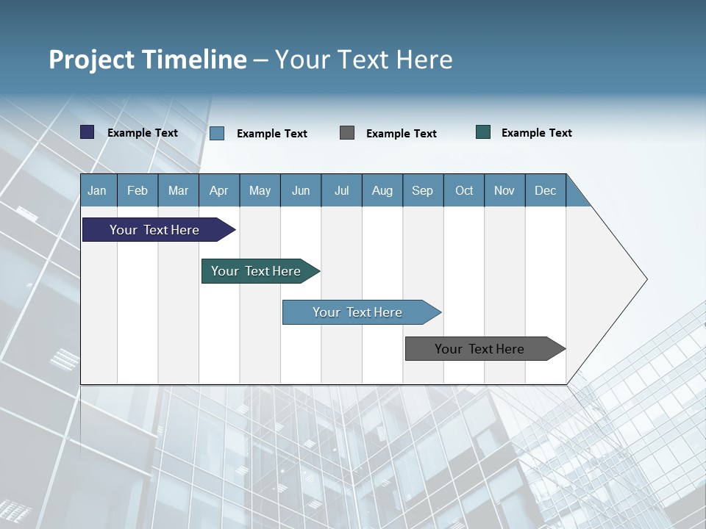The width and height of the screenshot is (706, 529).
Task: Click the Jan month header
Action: [x=97, y=190]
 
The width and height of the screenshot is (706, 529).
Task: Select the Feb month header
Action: [x=138, y=190]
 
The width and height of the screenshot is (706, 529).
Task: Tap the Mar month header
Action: [x=178, y=190]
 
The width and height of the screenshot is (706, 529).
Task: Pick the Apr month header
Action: [x=218, y=190]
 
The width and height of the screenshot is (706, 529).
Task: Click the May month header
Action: [x=260, y=190]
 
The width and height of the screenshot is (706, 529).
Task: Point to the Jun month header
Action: [x=301, y=190]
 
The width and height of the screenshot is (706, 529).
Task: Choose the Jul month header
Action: [x=341, y=190]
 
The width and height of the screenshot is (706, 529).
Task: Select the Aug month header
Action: [x=382, y=190]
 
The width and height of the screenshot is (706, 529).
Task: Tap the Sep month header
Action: [x=422, y=190]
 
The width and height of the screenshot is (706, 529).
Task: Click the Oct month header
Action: [x=464, y=190]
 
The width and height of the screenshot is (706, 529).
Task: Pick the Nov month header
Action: [x=504, y=190]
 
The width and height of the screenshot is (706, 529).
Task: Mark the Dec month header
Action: [x=545, y=190]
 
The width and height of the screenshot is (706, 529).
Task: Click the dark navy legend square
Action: [x=88, y=132]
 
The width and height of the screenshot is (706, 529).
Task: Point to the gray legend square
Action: [x=347, y=132]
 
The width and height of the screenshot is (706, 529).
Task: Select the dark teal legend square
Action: [x=483, y=132]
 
